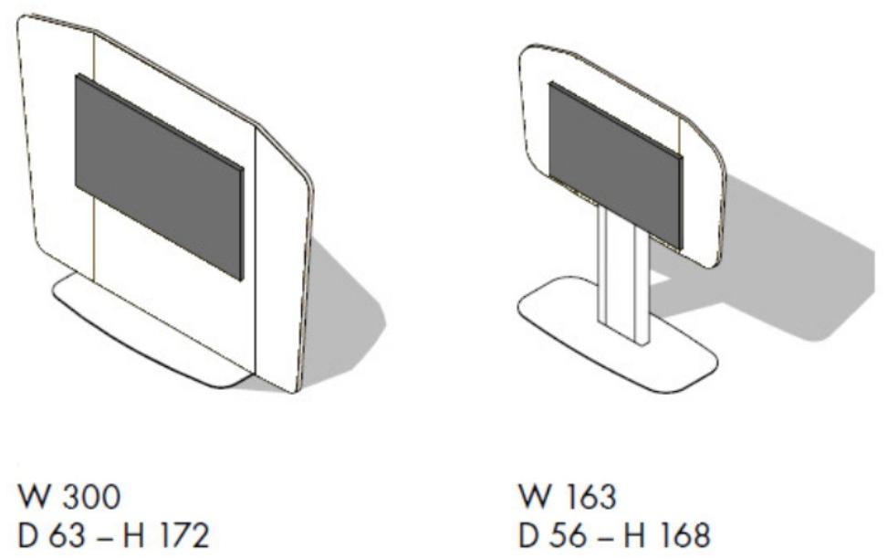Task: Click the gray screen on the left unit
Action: click(160, 176)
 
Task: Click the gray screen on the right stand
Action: click(615, 164)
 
